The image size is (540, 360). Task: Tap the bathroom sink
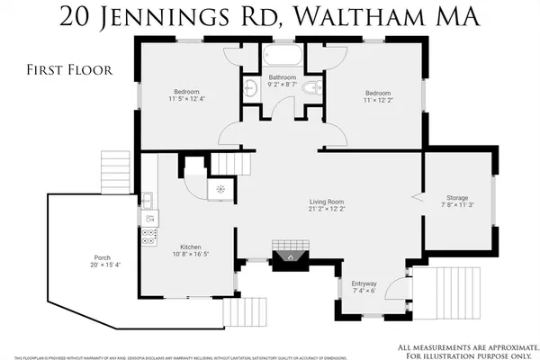pos(250,87)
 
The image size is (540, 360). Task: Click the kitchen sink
pos(147,199)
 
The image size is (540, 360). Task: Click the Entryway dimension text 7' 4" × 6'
pos(364,291)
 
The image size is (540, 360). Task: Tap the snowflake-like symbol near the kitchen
pos(220,189)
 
